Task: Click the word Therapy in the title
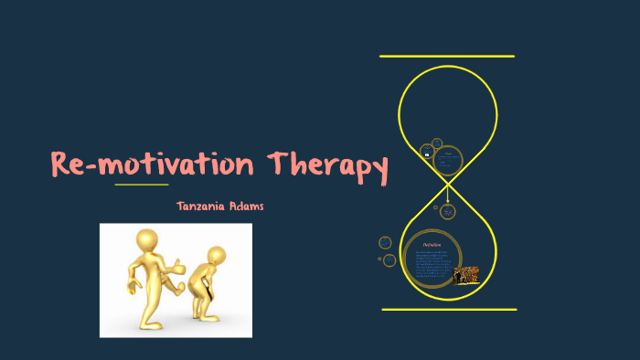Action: (327, 165)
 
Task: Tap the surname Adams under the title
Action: (246, 206)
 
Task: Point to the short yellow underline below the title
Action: (141, 185)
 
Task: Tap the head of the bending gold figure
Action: (217, 256)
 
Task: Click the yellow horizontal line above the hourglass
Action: (447, 57)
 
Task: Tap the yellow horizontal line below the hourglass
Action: (448, 310)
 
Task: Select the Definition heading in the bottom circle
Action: (432, 246)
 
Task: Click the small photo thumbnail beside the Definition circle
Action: (466, 275)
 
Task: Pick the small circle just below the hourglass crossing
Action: (448, 211)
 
